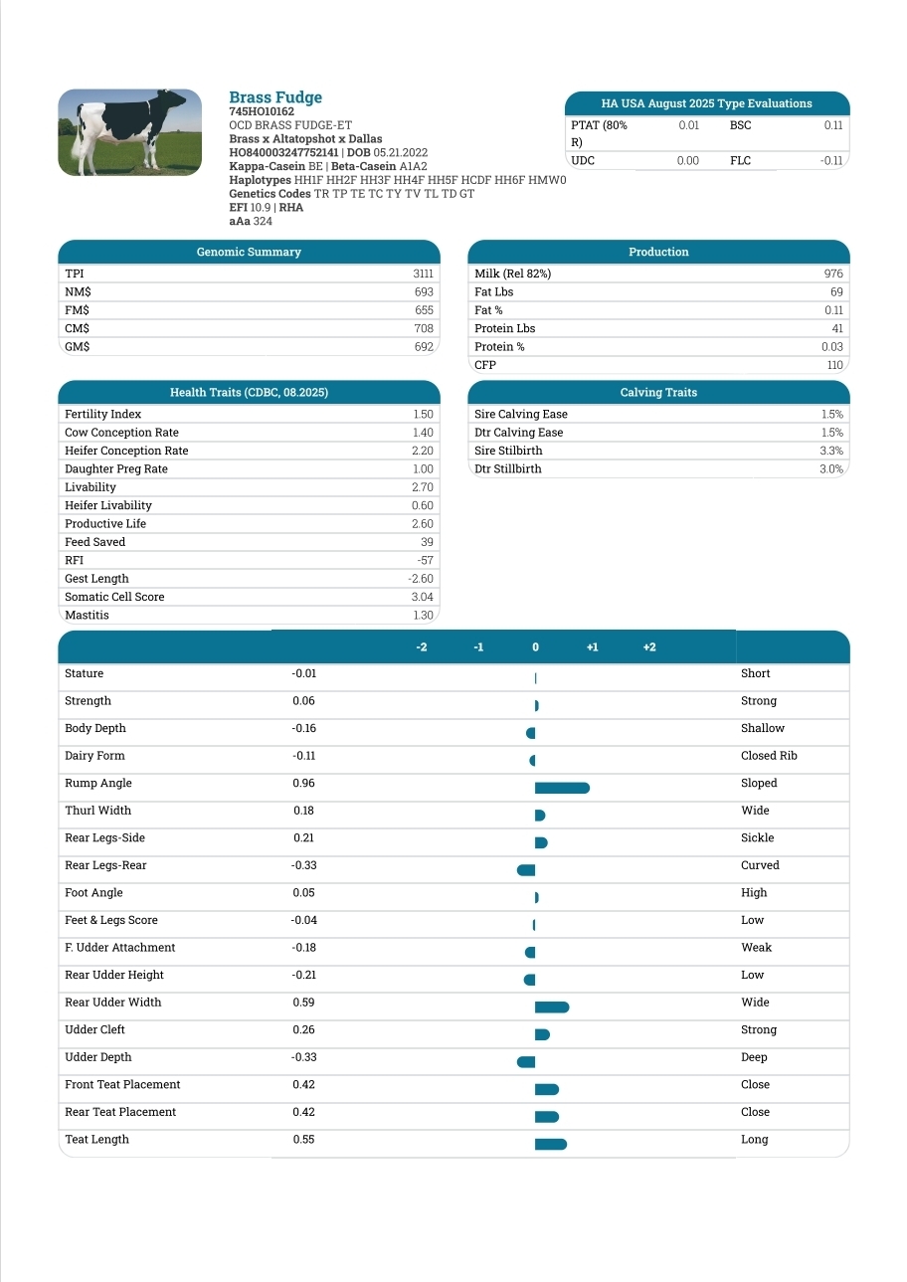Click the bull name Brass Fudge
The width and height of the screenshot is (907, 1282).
point(275,97)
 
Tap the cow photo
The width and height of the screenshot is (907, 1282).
point(122,132)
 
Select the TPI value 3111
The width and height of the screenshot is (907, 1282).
point(423,274)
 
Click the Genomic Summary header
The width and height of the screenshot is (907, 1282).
point(249,252)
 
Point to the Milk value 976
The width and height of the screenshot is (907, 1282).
point(833,274)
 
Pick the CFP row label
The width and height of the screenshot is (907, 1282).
point(485,365)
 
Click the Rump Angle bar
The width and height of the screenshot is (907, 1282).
point(562,788)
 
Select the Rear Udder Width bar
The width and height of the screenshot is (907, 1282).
point(552,1007)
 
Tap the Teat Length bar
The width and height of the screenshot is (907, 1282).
point(551,1144)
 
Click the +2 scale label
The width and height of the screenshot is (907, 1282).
point(649,647)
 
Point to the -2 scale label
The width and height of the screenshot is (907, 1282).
point(422,647)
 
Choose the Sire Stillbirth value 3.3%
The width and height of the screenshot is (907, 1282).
point(831,451)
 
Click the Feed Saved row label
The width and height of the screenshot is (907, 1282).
point(95,542)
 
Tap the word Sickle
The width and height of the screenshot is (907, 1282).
point(757,838)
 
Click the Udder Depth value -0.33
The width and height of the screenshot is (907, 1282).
point(303,1057)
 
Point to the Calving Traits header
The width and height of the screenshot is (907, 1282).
point(658,392)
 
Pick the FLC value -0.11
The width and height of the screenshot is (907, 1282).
point(831,160)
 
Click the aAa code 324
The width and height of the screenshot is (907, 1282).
point(263,222)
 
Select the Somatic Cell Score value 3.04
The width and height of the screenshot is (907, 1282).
point(423,597)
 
